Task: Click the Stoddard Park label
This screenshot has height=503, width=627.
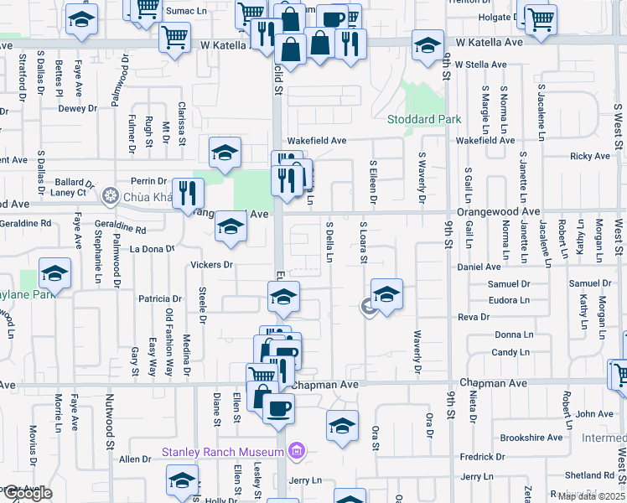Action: point(423,119)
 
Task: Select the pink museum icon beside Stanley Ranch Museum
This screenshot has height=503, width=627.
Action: point(294,453)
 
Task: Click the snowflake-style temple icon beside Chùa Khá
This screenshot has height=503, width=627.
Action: point(109,197)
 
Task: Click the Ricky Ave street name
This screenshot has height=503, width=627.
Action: point(590,156)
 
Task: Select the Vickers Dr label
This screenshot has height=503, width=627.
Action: point(210,265)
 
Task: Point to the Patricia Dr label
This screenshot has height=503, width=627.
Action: point(159,298)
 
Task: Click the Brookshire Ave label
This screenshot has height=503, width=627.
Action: point(531,438)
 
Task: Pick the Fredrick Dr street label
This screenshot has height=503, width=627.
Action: point(481,457)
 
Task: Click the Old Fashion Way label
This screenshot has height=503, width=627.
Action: point(169,332)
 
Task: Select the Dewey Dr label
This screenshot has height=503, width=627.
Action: point(77,108)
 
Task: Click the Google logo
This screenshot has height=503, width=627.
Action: point(27,493)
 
